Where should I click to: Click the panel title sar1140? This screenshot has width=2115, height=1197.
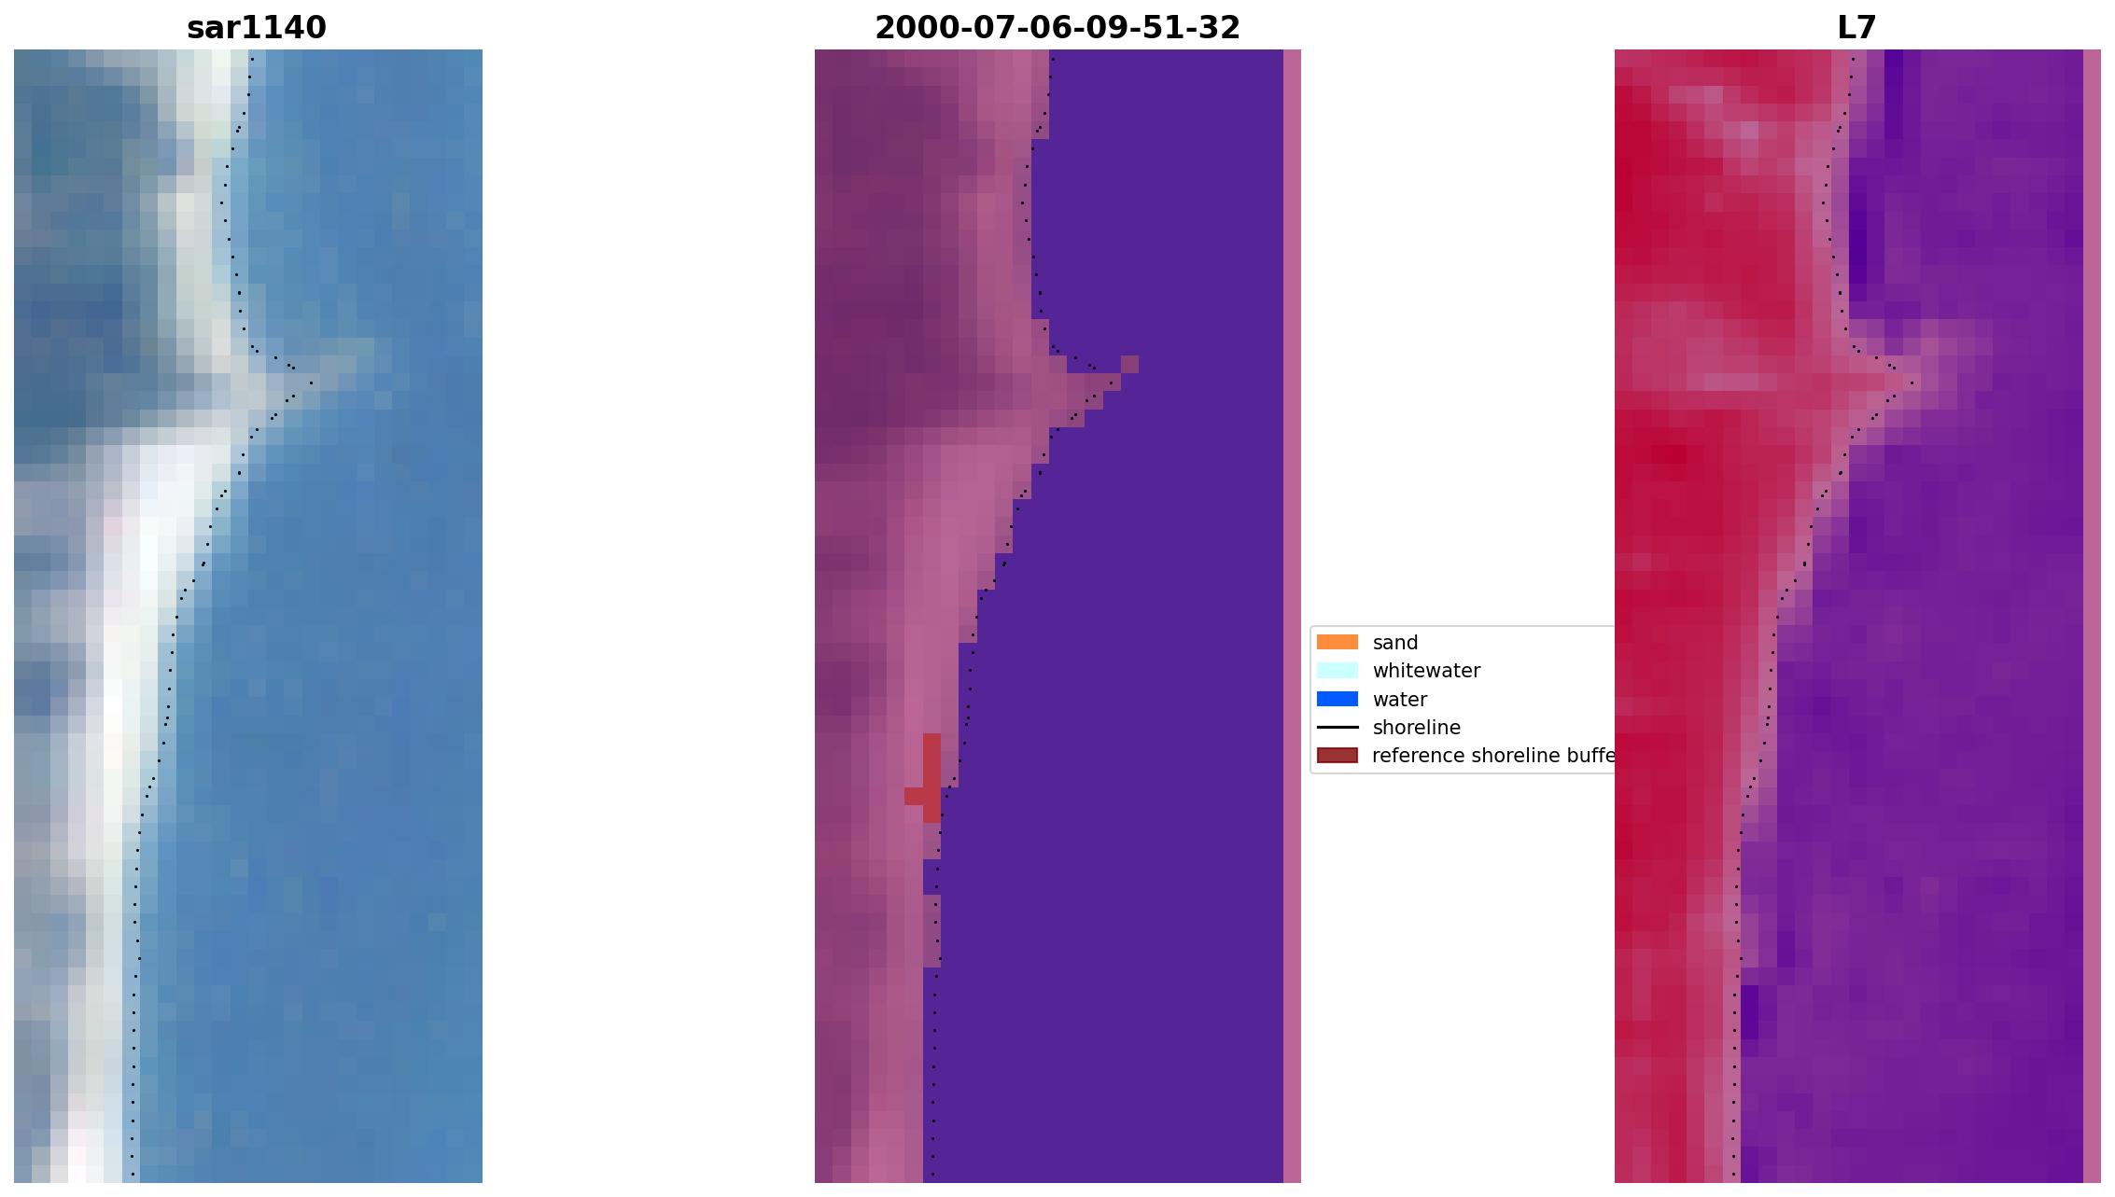pos(257,28)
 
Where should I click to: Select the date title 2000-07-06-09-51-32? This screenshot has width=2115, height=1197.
pos(1057,28)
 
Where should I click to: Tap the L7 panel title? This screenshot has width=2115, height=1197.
pos(1856,28)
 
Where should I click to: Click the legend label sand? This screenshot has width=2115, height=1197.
pos(1395,643)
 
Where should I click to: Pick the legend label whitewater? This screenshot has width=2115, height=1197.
pos(1426,671)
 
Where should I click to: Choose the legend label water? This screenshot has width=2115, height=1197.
pos(1399,700)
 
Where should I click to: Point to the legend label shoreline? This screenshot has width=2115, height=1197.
pos(1416,728)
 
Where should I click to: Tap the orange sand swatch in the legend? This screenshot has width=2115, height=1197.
pos(1337,642)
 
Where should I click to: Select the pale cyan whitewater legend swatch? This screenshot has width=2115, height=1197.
pos(1337,671)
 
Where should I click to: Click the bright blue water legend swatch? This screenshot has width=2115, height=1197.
pos(1337,699)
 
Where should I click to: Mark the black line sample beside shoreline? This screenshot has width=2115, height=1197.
pos(1337,728)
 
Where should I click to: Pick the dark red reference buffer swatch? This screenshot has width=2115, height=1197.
pos(1337,756)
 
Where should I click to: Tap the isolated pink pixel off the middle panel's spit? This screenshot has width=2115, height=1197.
pos(1129,364)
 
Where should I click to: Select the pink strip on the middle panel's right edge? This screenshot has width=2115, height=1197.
pos(1292,616)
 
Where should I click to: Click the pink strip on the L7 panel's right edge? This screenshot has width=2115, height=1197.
pos(2092,616)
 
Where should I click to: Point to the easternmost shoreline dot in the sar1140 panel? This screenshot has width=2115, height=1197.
pos(312,383)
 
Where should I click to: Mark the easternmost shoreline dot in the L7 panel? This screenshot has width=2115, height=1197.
pos(1912,383)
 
